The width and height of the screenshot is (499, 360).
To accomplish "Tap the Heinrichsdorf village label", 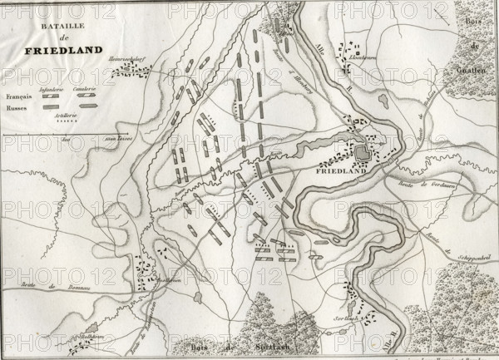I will [x=128, y=61].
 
